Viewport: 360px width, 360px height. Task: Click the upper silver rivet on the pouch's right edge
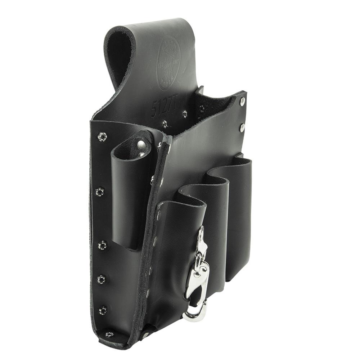pos(242,102)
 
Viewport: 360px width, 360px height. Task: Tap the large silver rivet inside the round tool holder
pos(141,145)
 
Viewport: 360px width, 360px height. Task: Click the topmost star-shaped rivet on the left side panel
pos(102,136)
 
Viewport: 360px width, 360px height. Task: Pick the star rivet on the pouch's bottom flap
pos(109,334)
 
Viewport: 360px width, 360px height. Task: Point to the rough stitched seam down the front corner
pos(151,234)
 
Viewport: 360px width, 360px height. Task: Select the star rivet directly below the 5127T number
pos(164,123)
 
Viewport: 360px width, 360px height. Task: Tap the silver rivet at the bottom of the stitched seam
pos(145,335)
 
